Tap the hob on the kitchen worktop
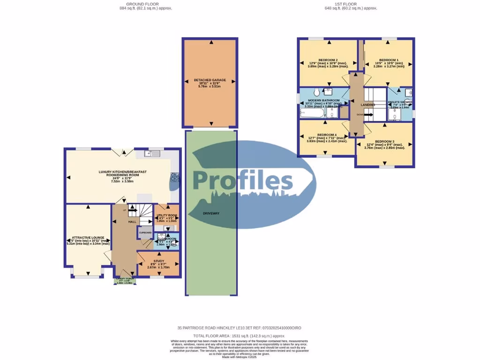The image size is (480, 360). pyautogui.click(x=175, y=177)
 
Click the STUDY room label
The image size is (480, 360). pyautogui.click(x=158, y=261)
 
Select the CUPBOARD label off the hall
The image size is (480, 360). pyautogui.click(x=145, y=232)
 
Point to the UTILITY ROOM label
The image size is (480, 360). pyautogui.click(x=166, y=215)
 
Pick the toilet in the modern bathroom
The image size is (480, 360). pyautogui.click(x=317, y=91)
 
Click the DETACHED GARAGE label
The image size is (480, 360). pyautogui.click(x=210, y=80)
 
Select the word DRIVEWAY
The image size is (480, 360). pyautogui.click(x=211, y=213)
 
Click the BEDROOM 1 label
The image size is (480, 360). pyautogui.click(x=389, y=60)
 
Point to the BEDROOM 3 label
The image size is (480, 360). pyautogui.click(x=384, y=142)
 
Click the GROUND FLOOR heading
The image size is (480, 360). pyautogui.click(x=146, y=4)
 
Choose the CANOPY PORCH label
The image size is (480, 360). pyautogui.click(x=125, y=279)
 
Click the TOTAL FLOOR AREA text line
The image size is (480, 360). pyautogui.click(x=240, y=336)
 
